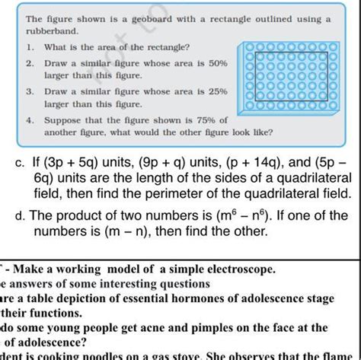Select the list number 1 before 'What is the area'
point(28,48)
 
